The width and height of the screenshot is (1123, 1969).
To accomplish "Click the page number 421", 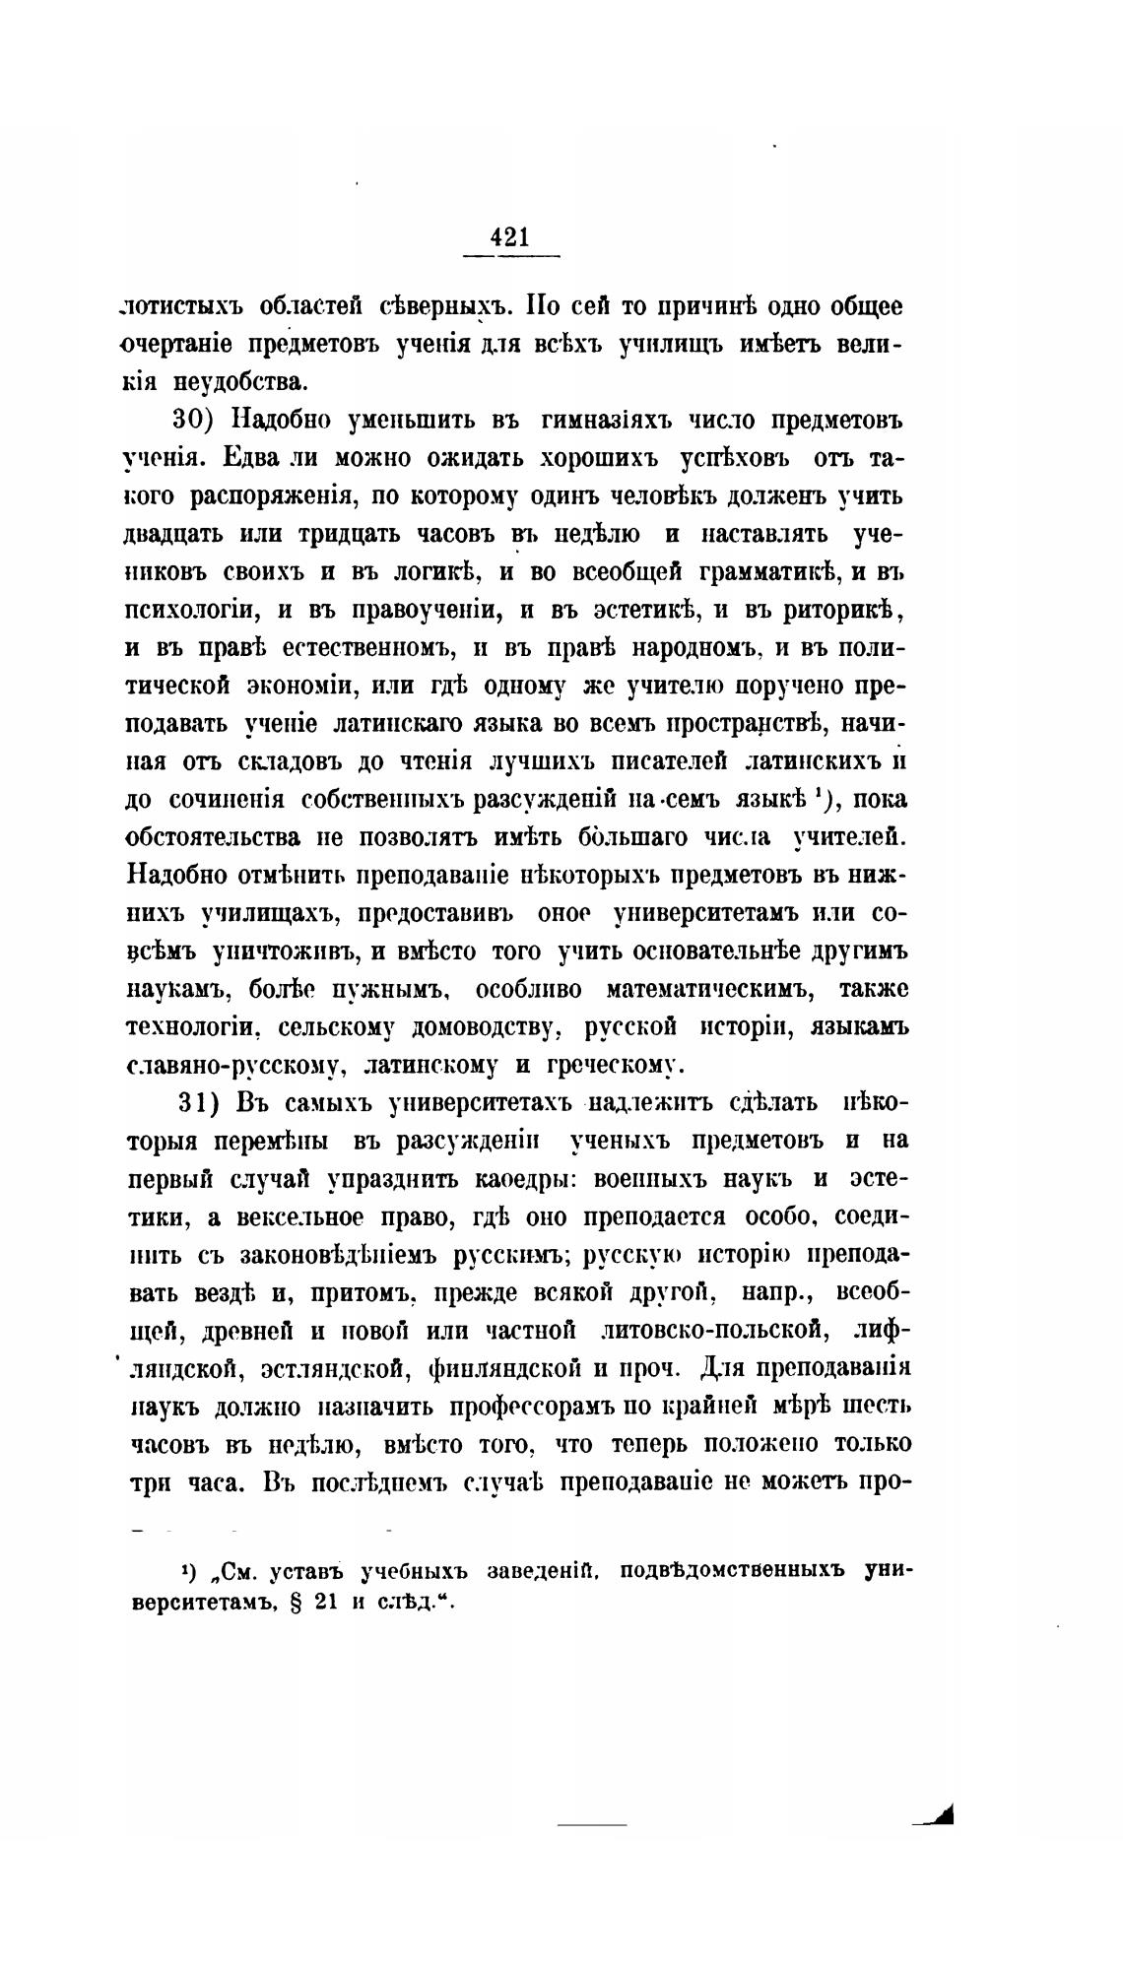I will coord(509,236).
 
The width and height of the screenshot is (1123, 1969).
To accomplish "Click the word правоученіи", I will coord(425,611).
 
